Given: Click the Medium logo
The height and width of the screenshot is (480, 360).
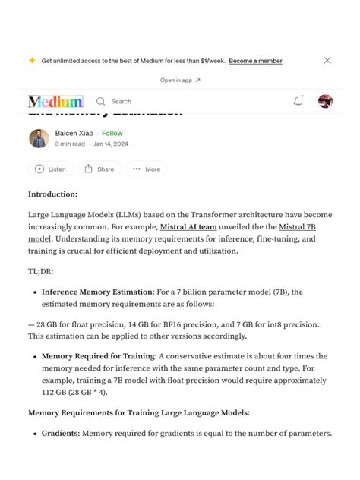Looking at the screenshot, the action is coord(55,101).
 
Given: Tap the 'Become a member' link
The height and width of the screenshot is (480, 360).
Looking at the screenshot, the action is coord(255,61).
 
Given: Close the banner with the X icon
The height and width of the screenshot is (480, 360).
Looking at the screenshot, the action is coord(327,60).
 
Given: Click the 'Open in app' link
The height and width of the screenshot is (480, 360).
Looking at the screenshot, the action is coord(180,80).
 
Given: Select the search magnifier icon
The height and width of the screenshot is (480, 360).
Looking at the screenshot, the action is coord(100,101).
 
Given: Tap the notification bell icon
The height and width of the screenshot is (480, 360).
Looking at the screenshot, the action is coord(298,101).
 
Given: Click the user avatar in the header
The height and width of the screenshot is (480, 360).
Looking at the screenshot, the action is coord(326,101).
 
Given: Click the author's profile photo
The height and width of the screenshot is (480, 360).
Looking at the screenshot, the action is coord(39,138).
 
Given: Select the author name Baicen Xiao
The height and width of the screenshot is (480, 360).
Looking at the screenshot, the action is coord(74,133).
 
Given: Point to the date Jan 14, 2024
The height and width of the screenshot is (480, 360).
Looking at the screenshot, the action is coord(111,144).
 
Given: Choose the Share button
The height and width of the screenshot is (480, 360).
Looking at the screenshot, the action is coord(99,169).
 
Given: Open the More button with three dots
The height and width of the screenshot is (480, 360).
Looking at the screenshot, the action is coord(147,169).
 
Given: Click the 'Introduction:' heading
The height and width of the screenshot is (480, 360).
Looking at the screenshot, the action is coord(52,194).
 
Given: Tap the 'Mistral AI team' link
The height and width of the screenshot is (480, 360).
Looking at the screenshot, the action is coord(187,226).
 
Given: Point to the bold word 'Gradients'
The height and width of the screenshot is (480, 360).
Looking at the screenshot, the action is coord(59,434).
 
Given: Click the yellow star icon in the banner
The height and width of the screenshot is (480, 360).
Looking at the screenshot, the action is coord(32,61).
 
